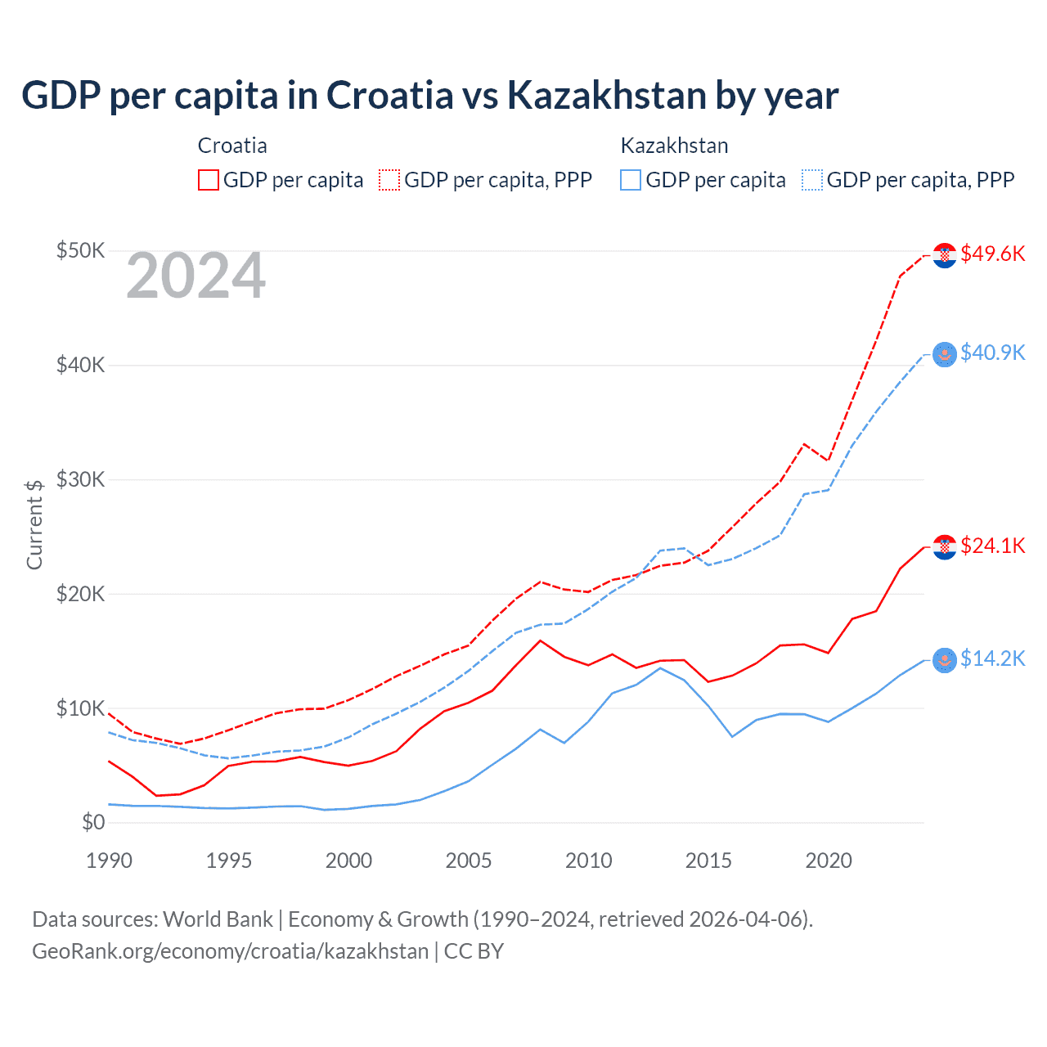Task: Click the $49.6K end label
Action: pos(992,254)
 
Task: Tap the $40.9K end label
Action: pos(992,353)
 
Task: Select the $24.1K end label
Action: pos(992,546)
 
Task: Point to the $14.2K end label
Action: pos(992,658)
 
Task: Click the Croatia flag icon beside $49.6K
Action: pos(945,255)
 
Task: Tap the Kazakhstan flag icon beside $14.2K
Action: pos(945,660)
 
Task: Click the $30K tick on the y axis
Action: pos(80,479)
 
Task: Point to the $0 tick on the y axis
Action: pos(92,822)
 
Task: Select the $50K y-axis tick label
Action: pos(80,250)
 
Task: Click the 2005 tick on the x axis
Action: pos(469,861)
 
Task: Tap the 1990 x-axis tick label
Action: pos(109,861)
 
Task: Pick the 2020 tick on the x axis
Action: pos(829,861)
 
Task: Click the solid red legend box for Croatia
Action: pos(209,180)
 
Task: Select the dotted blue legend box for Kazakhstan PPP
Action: pos(812,180)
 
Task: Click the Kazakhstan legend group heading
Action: pos(674,146)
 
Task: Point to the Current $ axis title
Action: pos(34,524)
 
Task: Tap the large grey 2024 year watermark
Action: pos(195,276)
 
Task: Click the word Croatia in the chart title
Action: pos(389,95)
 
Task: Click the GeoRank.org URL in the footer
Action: pos(230,951)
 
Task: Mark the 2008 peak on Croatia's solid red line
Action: pos(540,640)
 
